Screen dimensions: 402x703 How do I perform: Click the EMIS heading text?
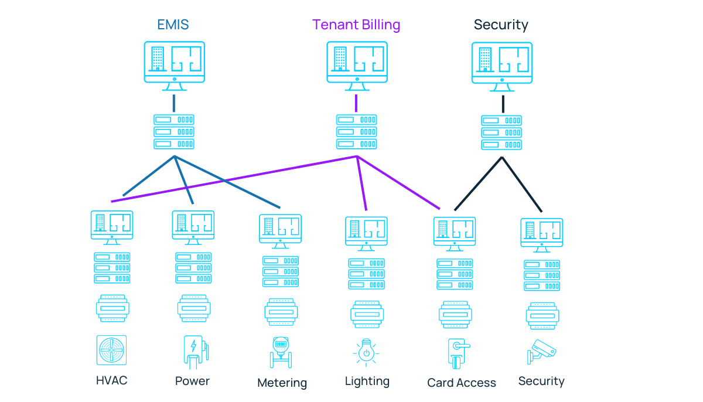pyautogui.click(x=173, y=25)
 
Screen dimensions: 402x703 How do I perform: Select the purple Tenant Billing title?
pyautogui.click(x=356, y=25)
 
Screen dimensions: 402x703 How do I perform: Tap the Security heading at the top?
pyautogui.click(x=501, y=25)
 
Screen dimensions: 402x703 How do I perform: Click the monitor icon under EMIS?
pyautogui.click(x=175, y=65)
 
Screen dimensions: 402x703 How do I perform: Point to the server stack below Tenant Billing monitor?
pyautogui.click(x=356, y=132)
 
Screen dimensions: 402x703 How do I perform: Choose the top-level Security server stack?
pyautogui.click(x=501, y=132)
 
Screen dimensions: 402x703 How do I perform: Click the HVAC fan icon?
pyautogui.click(x=111, y=350)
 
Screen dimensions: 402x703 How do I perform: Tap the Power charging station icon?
pyautogui.click(x=193, y=351)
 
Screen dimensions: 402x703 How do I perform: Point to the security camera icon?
pyautogui.click(x=541, y=352)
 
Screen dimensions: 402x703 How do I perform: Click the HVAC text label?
pyautogui.click(x=111, y=380)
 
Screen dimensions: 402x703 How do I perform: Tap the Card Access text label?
pyautogui.click(x=462, y=383)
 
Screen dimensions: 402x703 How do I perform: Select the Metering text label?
pyautogui.click(x=282, y=383)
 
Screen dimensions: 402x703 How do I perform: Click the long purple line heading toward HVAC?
pyautogui.click(x=234, y=179)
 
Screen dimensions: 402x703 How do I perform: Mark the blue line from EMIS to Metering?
pyautogui.click(x=228, y=182)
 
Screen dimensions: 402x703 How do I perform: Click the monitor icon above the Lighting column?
pyautogui.click(x=367, y=233)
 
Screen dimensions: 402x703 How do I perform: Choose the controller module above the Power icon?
pyautogui.click(x=194, y=308)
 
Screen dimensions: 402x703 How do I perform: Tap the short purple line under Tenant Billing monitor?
pyautogui.click(x=356, y=103)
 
